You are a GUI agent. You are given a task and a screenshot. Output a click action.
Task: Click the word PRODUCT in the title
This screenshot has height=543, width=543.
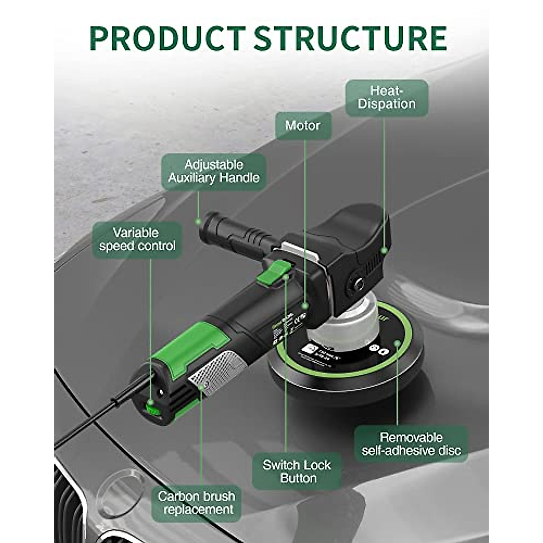click(167, 38)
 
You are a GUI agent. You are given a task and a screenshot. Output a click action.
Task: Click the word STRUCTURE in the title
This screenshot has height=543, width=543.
click(350, 38)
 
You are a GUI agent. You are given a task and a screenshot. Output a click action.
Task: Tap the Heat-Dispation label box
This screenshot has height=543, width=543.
click(386, 98)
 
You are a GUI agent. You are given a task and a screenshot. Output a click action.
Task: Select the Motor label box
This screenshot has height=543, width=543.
click(303, 126)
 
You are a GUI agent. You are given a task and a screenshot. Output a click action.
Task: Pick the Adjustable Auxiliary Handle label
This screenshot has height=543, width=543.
click(214, 171)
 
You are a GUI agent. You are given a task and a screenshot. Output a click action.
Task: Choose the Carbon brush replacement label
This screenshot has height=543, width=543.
click(196, 503)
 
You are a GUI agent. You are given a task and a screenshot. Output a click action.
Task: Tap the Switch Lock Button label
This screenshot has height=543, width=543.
click(296, 472)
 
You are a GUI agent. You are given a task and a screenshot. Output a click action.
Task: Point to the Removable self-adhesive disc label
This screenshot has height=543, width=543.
click(411, 444)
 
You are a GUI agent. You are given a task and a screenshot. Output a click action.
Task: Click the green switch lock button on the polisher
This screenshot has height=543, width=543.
click(274, 273)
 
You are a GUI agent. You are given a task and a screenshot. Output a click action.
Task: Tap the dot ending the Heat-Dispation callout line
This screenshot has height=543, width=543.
click(384, 250)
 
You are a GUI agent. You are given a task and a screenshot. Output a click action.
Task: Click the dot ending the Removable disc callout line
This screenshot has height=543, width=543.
click(397, 344)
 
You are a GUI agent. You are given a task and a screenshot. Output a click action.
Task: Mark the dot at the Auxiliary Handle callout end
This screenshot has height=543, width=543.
click(198, 222)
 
